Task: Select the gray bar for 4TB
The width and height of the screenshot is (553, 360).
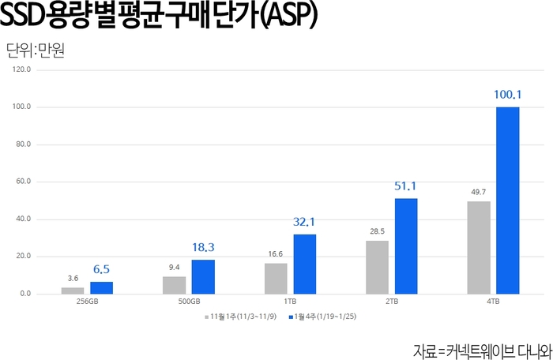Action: click(479, 247)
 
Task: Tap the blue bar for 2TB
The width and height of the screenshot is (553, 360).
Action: click(406, 246)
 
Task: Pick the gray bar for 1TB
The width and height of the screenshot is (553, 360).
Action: click(276, 278)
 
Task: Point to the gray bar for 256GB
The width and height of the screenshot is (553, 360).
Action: click(73, 290)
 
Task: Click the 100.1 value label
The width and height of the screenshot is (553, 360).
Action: click(508, 95)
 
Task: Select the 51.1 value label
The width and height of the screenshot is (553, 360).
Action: click(406, 186)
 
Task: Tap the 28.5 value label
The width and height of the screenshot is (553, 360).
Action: click(377, 231)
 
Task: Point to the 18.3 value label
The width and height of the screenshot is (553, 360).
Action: click(203, 247)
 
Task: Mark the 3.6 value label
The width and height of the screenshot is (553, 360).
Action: click(73, 277)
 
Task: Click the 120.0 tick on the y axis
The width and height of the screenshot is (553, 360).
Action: click(22, 69)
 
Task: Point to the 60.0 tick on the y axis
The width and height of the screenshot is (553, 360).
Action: click(24, 182)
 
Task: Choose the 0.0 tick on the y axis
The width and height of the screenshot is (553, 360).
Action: click(25, 294)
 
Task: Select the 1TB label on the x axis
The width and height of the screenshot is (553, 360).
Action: click(290, 302)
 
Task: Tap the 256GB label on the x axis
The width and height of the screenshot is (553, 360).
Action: click(87, 302)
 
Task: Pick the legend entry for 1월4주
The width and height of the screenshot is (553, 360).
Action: click(324, 317)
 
